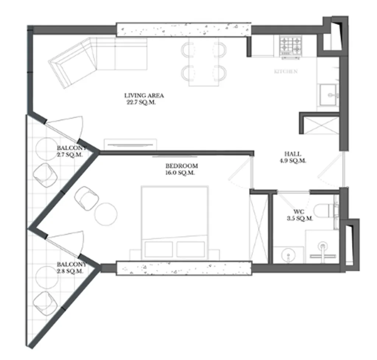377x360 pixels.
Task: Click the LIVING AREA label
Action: [x=144, y=96]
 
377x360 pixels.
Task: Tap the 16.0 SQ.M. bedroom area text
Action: [x=180, y=173]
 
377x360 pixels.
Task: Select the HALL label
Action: [x=293, y=154]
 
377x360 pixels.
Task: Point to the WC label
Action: [x=299, y=212]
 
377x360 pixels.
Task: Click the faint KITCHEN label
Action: [x=286, y=72]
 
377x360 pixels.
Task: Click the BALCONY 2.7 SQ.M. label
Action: [x=71, y=148]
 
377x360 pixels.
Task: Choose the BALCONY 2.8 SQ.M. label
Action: [x=71, y=265]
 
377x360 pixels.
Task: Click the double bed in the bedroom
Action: [x=175, y=221]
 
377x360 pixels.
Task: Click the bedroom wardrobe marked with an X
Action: [x=259, y=228]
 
